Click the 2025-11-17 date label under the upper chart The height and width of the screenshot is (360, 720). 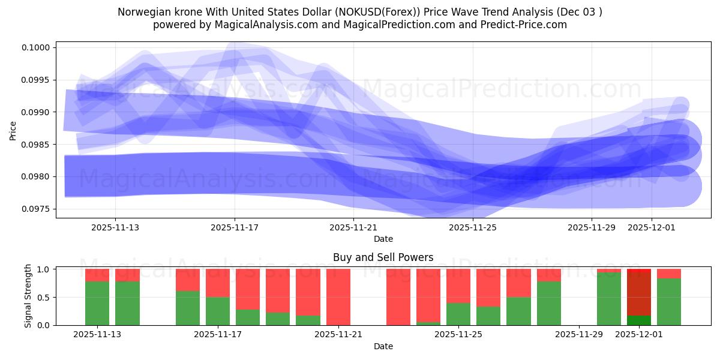pyautogui.click(x=235, y=227)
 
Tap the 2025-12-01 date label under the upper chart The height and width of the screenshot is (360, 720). pyautogui.click(x=652, y=227)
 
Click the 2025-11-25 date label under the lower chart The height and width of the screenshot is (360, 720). pyautogui.click(x=458, y=335)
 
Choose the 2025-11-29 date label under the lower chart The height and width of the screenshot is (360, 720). pyautogui.click(x=579, y=335)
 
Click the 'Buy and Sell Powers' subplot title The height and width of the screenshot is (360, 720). pyautogui.click(x=383, y=257)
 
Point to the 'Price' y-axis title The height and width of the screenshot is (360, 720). pyautogui.click(x=13, y=130)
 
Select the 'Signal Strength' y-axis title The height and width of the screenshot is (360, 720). pyautogui.click(x=28, y=296)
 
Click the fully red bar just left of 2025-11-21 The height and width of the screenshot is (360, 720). pyautogui.click(x=338, y=297)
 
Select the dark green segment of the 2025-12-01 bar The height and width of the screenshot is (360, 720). pyautogui.click(x=639, y=320)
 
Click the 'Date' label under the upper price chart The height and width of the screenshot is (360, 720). pyautogui.click(x=383, y=239)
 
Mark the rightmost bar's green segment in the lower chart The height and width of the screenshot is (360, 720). pyautogui.click(x=669, y=302)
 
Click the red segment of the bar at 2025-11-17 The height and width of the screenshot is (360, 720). pyautogui.click(x=218, y=283)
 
